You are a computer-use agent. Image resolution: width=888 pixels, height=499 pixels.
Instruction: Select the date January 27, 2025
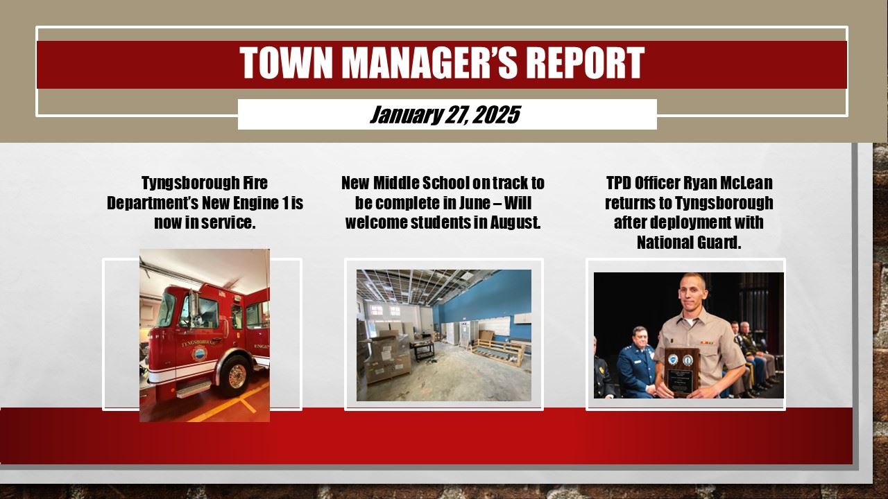pyautogui.click(x=445, y=115)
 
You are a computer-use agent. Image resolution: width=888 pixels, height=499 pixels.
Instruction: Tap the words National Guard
pyautogui.click(x=689, y=243)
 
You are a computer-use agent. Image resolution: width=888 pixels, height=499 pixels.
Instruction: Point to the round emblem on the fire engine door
pyautogui.click(x=199, y=353)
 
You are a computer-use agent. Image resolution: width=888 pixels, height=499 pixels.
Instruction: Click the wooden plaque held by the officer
pyautogui.click(x=682, y=372)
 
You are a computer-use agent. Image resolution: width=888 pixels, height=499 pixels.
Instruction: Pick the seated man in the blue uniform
pyautogui.click(x=636, y=362)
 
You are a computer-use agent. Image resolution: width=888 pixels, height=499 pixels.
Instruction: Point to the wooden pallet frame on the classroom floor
pyautogui.click(x=497, y=352)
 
